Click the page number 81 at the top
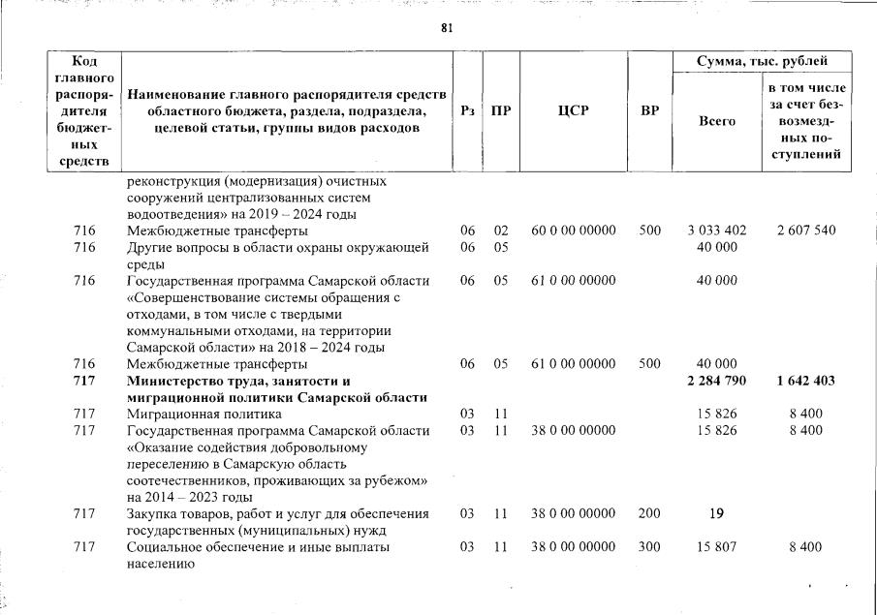pyautogui.click(x=447, y=27)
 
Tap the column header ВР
pyautogui.click(x=650, y=111)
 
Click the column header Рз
pyautogui.click(x=468, y=111)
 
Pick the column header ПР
pyautogui.click(x=501, y=111)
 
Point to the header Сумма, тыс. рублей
pyautogui.click(x=761, y=61)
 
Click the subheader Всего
pyautogui.click(x=717, y=121)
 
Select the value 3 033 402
pyautogui.click(x=717, y=231)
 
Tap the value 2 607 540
pyautogui.click(x=805, y=231)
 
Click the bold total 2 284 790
pyautogui.click(x=717, y=381)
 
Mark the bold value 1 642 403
pyautogui.click(x=805, y=381)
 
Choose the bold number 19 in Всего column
pyautogui.click(x=717, y=514)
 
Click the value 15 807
pyautogui.click(x=717, y=547)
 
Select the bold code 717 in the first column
pyautogui.click(x=85, y=381)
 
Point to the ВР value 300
pyautogui.click(x=650, y=547)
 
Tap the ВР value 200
pyautogui.click(x=650, y=514)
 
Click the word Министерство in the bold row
pyautogui.click(x=175, y=381)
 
